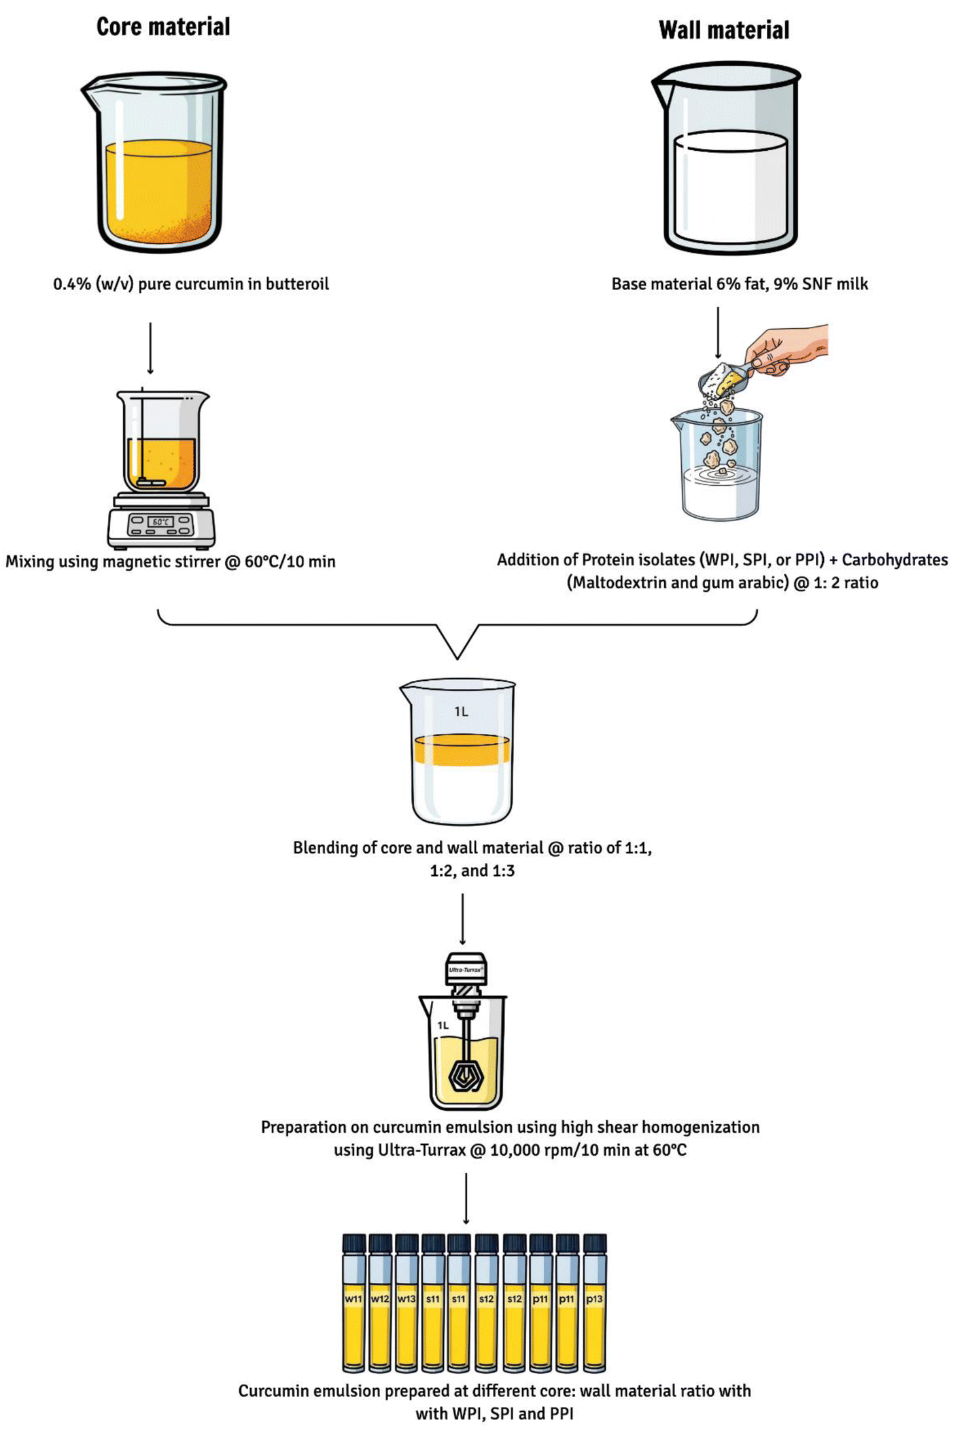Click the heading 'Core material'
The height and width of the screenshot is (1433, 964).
(163, 26)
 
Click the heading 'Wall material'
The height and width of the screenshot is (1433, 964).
(724, 30)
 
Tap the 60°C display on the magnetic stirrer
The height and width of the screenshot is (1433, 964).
(160, 522)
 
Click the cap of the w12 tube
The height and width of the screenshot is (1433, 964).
(380, 1243)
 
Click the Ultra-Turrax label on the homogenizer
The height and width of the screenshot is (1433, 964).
(466, 970)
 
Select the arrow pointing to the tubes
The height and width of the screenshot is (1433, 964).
(466, 1199)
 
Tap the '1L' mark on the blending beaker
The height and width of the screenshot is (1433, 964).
(462, 711)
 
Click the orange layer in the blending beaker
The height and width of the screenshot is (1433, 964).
(462, 750)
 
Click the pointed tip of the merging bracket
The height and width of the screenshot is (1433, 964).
(458, 658)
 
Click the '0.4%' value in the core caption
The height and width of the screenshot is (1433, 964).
(72, 284)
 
